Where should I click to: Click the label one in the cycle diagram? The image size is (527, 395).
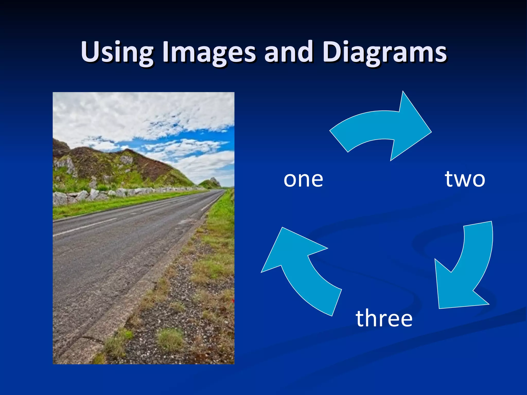click(303, 179)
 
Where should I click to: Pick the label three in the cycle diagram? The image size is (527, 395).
click(384, 318)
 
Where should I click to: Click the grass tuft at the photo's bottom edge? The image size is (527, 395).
click(170, 339)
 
